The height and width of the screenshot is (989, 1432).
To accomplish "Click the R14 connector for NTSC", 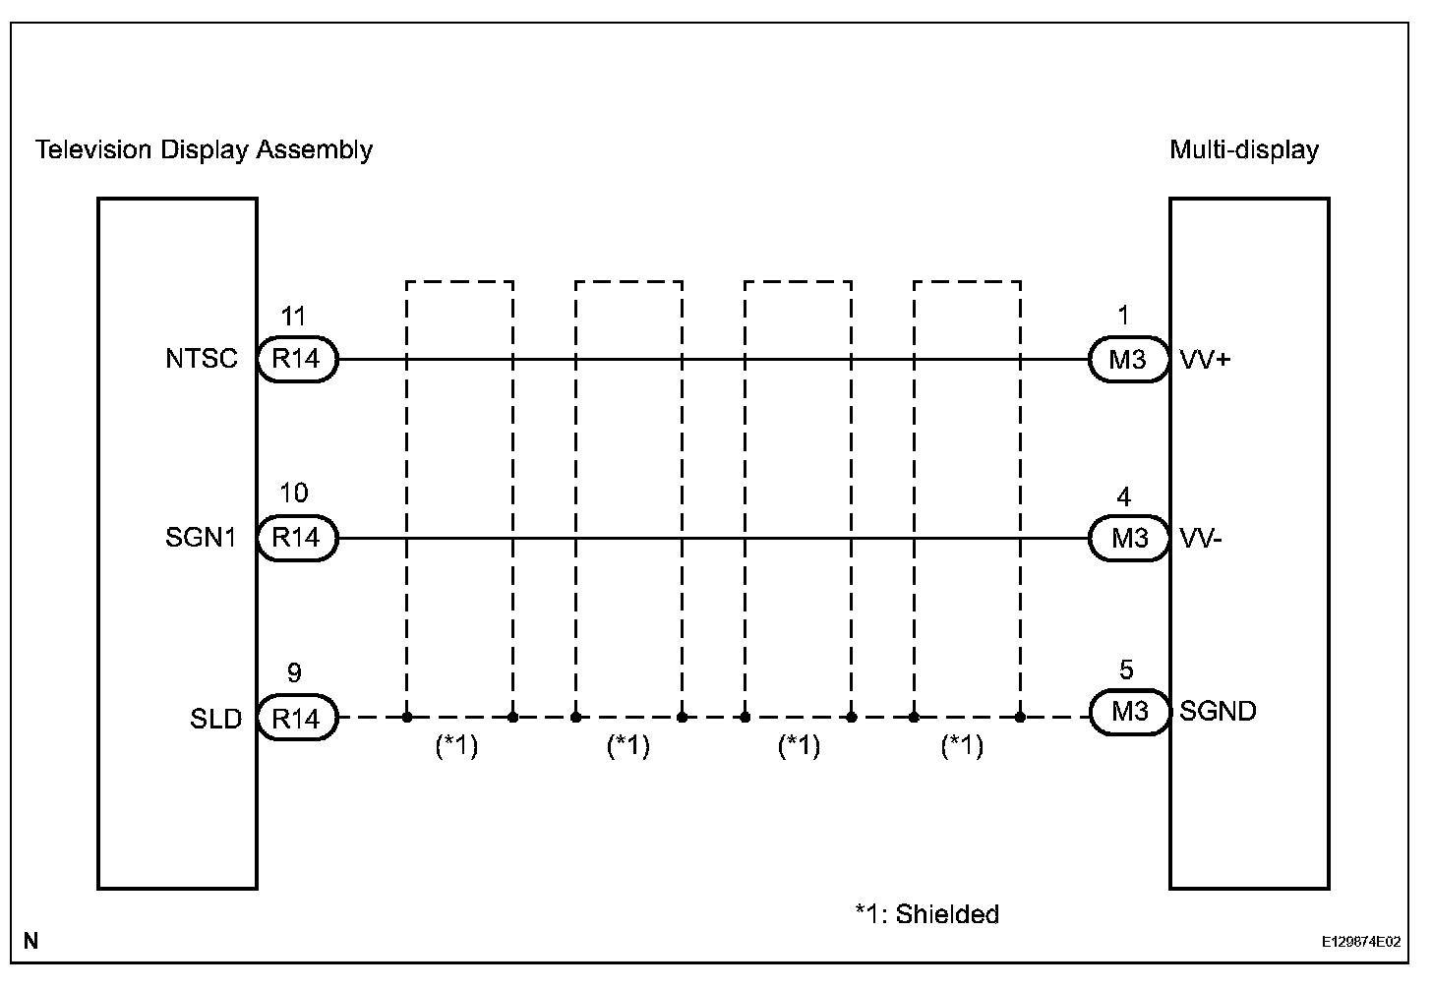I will coord(296,360).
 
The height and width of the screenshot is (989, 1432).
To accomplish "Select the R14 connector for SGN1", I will coord(296,539).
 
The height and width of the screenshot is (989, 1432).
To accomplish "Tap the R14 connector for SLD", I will coord(296,719).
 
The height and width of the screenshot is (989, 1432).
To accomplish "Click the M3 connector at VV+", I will coord(1128,360).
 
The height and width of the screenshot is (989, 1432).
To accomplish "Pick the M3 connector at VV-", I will coord(1128,539).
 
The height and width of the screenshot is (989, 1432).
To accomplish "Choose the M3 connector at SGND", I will coord(1128,712).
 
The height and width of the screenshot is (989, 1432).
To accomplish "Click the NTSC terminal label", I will coord(202,360).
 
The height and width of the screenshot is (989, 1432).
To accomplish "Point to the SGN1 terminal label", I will coord(202,539).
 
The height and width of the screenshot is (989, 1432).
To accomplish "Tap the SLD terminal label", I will coord(215,719).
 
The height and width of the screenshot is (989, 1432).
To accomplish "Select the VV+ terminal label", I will coord(1205,360).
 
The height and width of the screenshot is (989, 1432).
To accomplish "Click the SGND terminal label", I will coord(1218,712).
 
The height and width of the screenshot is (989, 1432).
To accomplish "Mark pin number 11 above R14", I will coord(293,317).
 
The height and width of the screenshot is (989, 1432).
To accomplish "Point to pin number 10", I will coord(293,494).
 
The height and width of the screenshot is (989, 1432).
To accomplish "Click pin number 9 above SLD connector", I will coord(293,674).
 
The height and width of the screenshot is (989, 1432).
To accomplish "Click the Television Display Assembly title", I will coord(204,150).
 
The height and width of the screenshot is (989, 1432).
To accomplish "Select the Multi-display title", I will coord(1243,150).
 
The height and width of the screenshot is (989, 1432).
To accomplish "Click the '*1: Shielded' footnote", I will coord(926,915).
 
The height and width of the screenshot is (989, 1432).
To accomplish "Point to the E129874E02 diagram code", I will coord(1361,942).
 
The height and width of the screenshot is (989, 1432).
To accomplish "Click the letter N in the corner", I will coord(30,942).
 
